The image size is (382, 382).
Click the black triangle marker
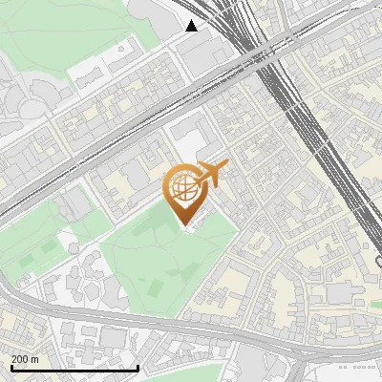[192, 26]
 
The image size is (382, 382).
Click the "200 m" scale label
[25, 359]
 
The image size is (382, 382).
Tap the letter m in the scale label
[34, 359]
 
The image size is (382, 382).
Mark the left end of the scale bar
[11, 368]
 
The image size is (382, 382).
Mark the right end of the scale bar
[139, 368]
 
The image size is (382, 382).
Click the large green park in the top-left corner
[57, 38]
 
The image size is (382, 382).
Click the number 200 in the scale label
[20, 359]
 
